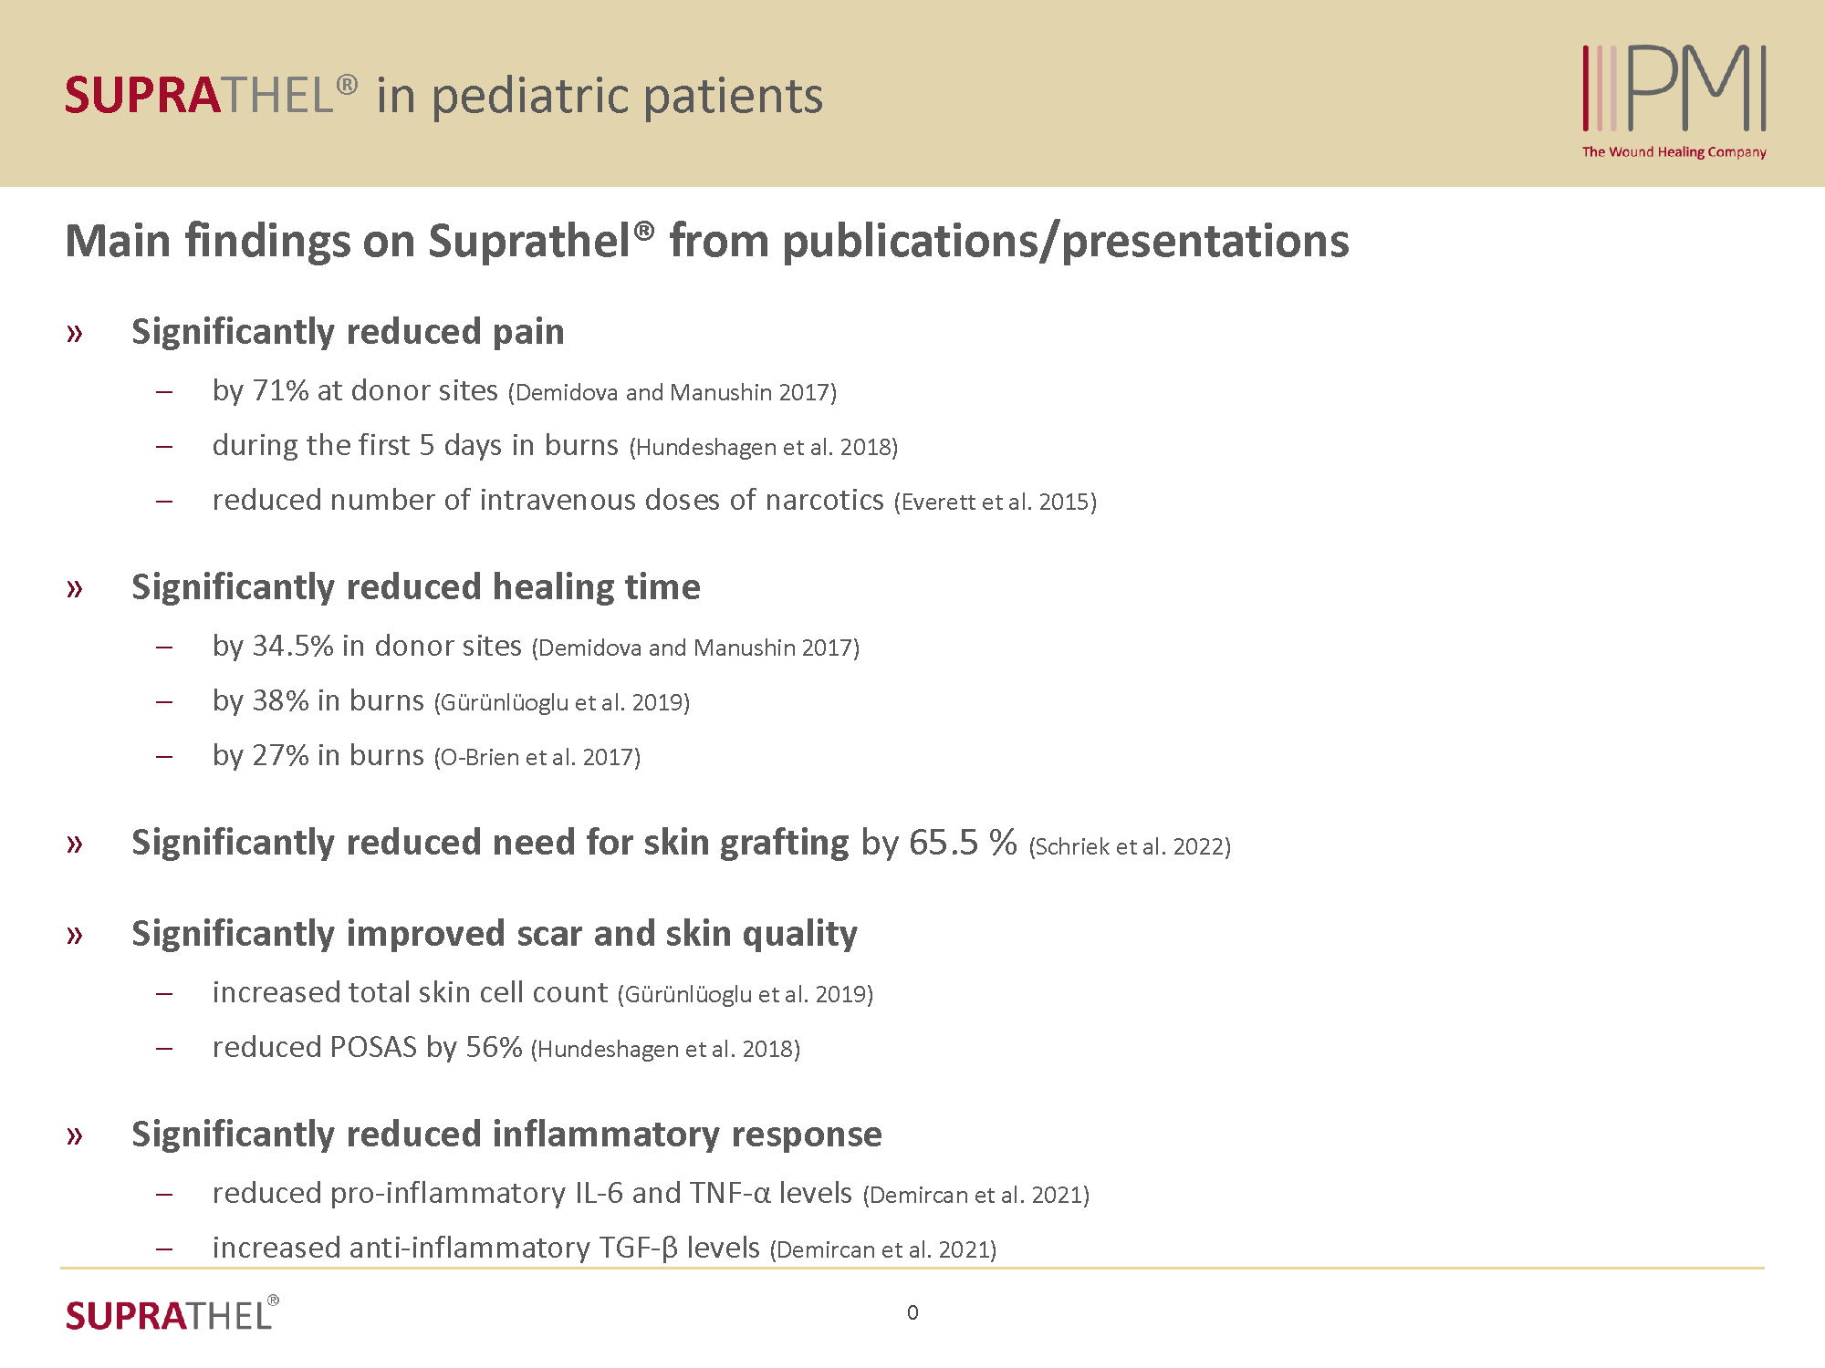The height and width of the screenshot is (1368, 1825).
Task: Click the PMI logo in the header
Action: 1674,88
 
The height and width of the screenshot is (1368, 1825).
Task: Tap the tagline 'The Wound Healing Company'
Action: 1674,152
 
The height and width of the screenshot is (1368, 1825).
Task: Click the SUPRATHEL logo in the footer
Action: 172,1315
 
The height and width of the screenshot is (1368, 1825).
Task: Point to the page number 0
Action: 912,1312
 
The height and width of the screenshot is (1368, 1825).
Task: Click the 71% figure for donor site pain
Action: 281,391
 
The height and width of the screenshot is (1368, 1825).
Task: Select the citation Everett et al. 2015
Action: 996,503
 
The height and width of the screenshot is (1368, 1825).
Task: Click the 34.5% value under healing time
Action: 293,647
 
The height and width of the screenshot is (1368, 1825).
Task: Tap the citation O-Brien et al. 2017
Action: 537,758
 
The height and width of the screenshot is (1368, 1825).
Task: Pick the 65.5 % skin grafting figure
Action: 963,843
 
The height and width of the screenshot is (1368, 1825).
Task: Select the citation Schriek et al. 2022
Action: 1130,847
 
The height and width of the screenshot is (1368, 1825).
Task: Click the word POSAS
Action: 373,1048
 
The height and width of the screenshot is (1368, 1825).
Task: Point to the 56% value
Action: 494,1048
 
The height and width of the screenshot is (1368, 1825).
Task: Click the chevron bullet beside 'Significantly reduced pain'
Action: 75,334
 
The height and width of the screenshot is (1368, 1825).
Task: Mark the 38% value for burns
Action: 281,701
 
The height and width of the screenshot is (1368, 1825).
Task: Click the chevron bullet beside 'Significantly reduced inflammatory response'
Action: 75,1136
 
